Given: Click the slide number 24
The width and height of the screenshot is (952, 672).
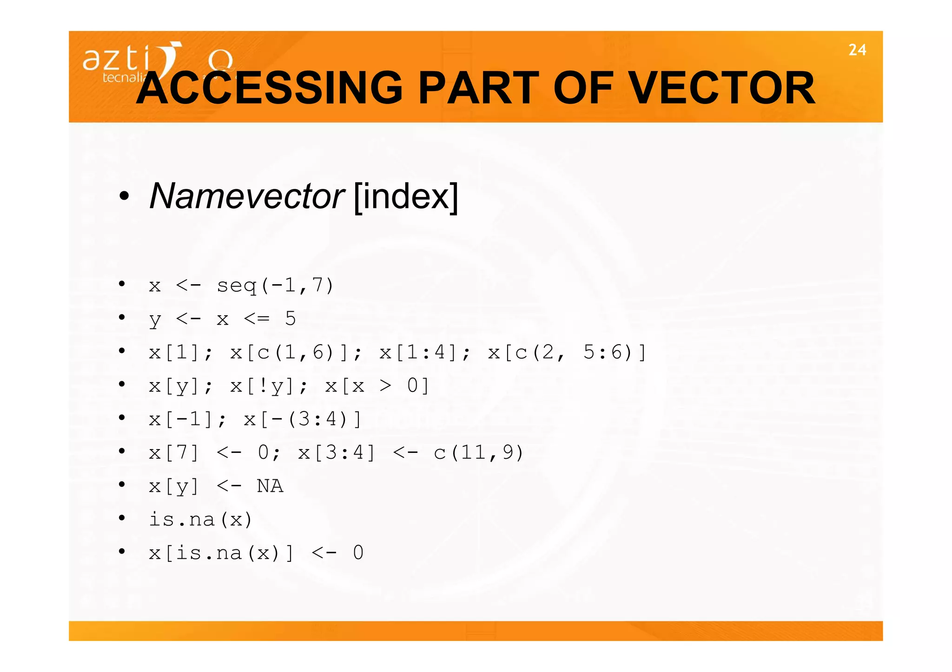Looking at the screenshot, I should (857, 50).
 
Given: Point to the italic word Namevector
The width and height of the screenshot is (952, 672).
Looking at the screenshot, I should (247, 196).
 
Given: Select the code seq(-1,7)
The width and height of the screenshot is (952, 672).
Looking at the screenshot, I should (275, 286).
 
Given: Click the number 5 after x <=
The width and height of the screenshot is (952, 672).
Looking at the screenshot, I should (291, 319).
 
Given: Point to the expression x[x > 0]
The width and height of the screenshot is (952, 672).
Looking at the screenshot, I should (377, 386).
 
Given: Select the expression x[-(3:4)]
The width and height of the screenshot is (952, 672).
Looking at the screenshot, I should (303, 419).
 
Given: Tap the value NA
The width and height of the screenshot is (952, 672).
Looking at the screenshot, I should (270, 486).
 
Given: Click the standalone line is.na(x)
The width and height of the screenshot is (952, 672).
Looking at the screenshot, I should (200, 520).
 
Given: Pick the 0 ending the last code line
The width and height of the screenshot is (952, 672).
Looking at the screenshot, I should (358, 553).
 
